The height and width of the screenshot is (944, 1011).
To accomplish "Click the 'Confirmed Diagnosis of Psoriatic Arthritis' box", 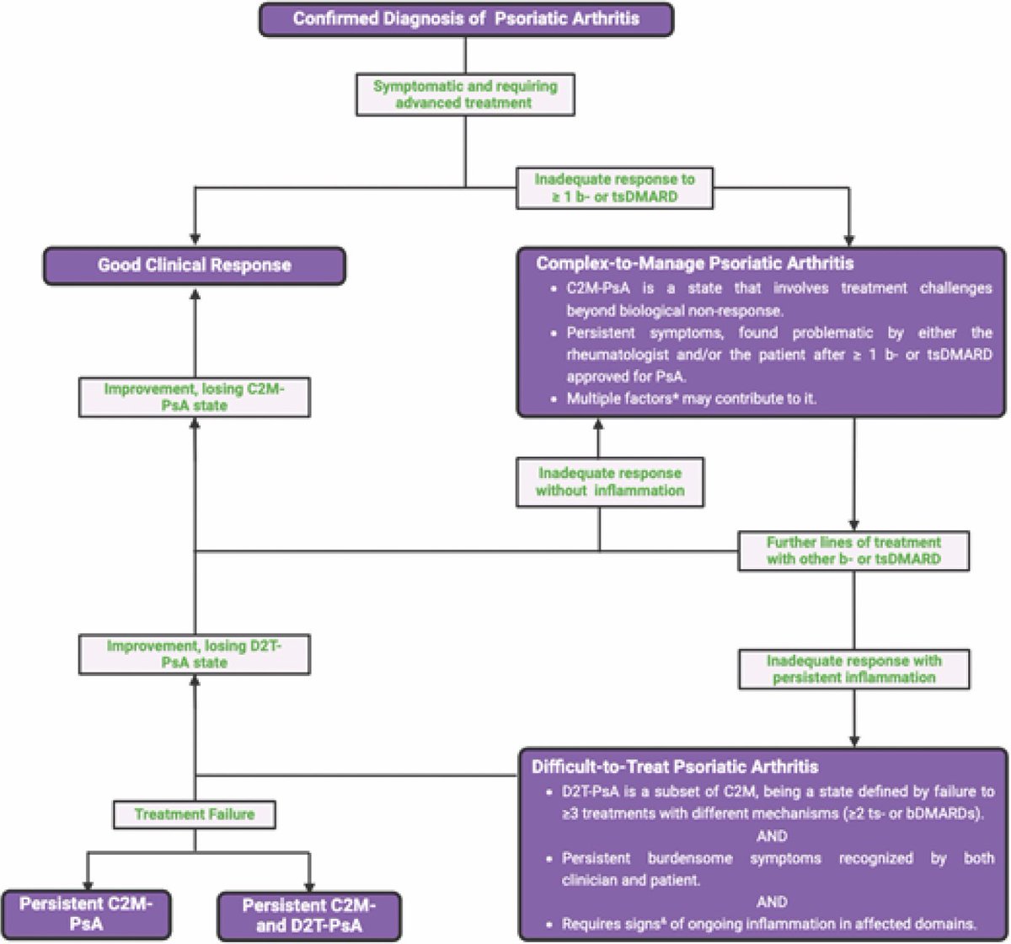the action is pos(466,19).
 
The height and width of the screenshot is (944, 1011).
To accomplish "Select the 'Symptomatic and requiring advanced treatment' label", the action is pos(465,94).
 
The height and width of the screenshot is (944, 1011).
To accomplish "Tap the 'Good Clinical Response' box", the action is pos(195,265).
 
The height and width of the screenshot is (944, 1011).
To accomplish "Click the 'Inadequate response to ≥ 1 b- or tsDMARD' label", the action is pos(614,188).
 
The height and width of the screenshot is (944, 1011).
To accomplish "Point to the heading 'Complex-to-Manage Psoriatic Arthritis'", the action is pos(695,263).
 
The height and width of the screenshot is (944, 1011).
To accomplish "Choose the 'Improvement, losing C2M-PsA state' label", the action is pos(195,397).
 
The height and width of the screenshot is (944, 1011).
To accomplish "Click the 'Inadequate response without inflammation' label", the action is pos(610,482).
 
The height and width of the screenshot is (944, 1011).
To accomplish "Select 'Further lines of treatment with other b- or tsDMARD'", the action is pos(853,550).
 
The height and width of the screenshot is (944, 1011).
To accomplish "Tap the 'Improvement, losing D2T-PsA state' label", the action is pos(195,654).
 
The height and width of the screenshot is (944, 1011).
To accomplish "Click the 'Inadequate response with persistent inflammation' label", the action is pos(854,669).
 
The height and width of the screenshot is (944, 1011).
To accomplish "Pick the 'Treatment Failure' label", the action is pos(195,814).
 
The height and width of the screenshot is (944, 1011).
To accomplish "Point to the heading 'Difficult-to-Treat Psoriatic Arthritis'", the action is pos(675,767).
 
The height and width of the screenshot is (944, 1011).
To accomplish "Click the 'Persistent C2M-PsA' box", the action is pos(86,914).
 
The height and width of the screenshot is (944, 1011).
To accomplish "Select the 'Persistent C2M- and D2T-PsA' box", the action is pos(309,916).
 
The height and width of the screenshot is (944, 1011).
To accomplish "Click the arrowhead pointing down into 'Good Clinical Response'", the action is pos(195,239).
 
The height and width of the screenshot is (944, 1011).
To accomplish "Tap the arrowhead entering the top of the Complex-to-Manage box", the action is pos(849,239).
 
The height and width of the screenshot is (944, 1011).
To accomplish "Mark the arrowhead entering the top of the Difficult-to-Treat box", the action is pos(854,741).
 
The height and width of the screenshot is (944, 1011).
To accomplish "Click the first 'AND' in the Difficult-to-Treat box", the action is pos(772,836).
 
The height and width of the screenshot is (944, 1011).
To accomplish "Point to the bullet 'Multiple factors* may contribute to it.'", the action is pos(692,399).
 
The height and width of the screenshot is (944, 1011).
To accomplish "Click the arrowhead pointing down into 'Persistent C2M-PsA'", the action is pos(88,885).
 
